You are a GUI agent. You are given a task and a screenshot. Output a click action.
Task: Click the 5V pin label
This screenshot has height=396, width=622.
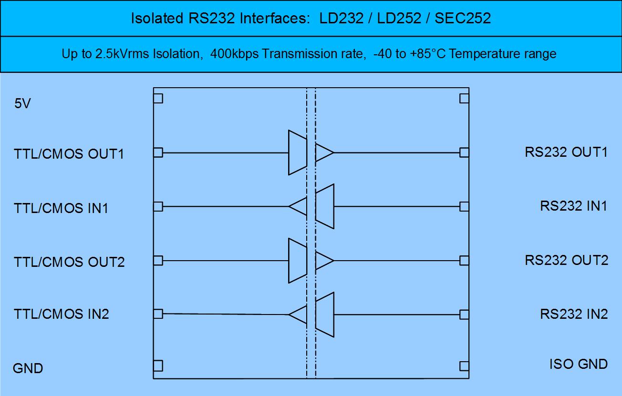(22, 103)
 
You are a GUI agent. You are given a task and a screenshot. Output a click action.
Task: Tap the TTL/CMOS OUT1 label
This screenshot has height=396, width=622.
(69, 154)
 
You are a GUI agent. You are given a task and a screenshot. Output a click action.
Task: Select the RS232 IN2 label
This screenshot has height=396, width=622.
(574, 314)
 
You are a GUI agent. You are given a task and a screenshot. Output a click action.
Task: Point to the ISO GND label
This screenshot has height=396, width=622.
(579, 364)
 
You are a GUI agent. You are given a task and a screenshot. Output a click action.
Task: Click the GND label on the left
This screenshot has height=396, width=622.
(28, 368)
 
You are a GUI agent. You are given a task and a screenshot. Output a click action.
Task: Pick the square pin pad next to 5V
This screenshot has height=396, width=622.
(158, 99)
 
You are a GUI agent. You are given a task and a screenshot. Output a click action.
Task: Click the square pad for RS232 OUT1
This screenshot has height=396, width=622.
(464, 152)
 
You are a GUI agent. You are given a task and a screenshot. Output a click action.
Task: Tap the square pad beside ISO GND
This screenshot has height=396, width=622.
(464, 366)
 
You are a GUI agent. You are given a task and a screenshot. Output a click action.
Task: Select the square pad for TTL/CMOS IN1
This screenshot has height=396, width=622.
(158, 207)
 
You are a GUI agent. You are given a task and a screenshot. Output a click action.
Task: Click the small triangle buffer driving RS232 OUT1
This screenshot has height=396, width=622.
(324, 152)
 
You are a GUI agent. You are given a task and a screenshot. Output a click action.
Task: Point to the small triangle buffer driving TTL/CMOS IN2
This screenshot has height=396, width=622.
(298, 315)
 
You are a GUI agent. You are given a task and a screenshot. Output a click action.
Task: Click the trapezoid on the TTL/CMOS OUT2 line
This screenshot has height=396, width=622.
(298, 261)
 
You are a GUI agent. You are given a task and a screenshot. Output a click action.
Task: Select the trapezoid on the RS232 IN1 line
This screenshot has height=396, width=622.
(325, 206)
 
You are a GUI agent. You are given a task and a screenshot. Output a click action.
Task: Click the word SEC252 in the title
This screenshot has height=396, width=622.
(463, 18)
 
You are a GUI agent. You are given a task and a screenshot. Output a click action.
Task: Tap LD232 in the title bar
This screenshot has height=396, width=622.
(341, 18)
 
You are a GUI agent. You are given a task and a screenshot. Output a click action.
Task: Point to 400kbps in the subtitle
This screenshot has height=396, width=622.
(234, 54)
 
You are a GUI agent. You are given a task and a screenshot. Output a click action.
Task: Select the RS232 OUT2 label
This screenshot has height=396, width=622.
(567, 260)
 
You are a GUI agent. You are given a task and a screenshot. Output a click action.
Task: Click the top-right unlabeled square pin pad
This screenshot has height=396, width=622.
(464, 99)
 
